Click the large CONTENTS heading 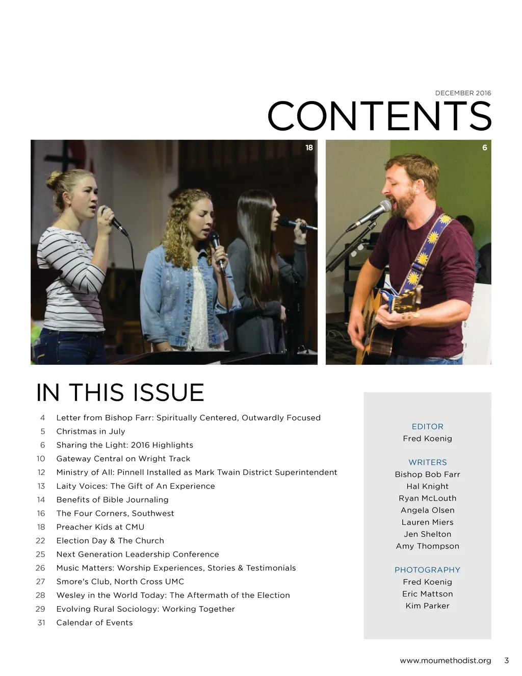379,116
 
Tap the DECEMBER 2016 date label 463,93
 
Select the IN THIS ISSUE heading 120,392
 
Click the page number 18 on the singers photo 309,147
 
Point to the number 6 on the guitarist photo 484,147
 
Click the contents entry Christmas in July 91,431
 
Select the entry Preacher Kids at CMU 100,527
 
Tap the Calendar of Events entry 94,622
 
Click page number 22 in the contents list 40,540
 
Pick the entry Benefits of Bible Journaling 112,499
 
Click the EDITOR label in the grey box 427,427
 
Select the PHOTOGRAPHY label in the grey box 427,570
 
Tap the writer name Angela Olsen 427,510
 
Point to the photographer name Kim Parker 427,606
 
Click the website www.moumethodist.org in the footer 445,660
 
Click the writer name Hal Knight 427,486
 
